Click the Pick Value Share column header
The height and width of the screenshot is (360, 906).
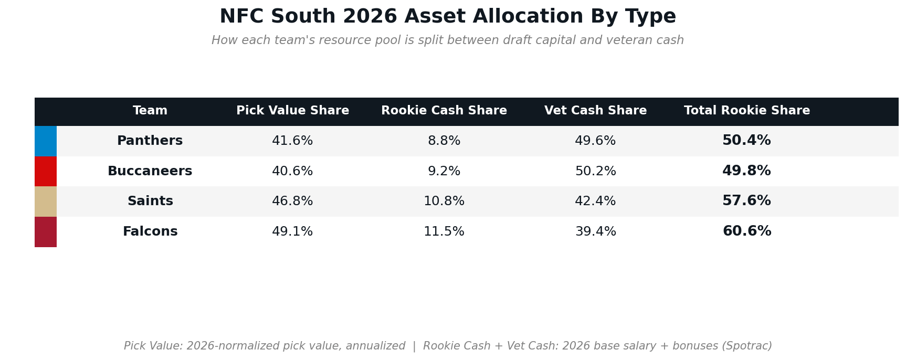[x=292, y=111]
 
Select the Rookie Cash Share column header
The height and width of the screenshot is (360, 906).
[x=444, y=111]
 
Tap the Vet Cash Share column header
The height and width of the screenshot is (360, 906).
[x=595, y=111]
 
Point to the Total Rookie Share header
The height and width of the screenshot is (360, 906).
[x=747, y=111]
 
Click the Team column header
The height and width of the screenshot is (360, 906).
[x=150, y=111]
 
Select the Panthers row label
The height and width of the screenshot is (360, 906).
[x=150, y=141]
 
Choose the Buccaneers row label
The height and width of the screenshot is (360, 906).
[x=150, y=172]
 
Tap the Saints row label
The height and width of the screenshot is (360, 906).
[x=150, y=202]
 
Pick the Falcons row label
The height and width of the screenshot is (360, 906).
[x=150, y=232]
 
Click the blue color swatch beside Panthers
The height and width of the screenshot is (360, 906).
[x=46, y=141]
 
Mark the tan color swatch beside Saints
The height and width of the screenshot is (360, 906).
[x=46, y=202]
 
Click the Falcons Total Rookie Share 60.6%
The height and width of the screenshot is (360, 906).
[x=747, y=232]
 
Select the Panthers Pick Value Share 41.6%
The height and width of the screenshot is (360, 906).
[x=292, y=141]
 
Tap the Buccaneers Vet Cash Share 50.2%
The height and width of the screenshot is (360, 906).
[x=595, y=172]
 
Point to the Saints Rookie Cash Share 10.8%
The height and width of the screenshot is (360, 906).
[x=444, y=202]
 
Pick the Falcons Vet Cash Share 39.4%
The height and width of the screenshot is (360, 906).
[x=595, y=232]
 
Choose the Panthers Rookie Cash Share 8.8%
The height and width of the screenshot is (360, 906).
[x=444, y=141]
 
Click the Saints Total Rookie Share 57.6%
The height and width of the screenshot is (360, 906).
[x=747, y=202]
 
